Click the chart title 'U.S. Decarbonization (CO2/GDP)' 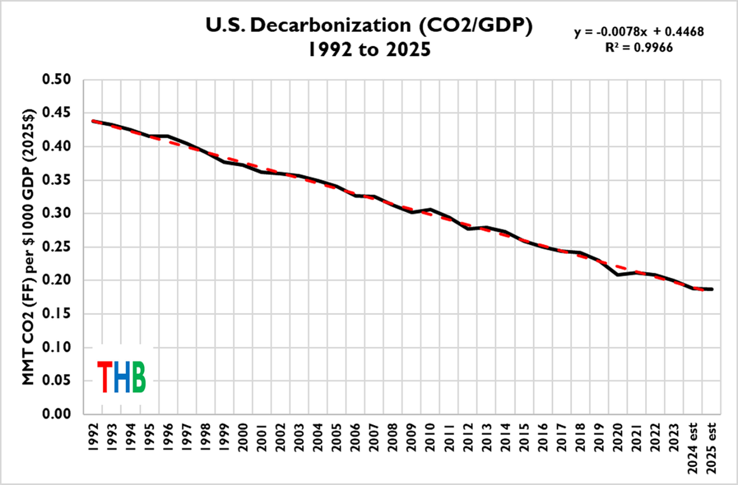click(369, 26)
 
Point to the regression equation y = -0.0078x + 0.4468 click(639, 32)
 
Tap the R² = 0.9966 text click(639, 48)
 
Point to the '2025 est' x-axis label click(711, 447)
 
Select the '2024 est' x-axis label click(692, 447)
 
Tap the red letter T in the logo click(104, 377)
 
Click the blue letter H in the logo click(121, 377)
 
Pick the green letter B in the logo click(138, 377)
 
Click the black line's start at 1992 click(93, 121)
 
